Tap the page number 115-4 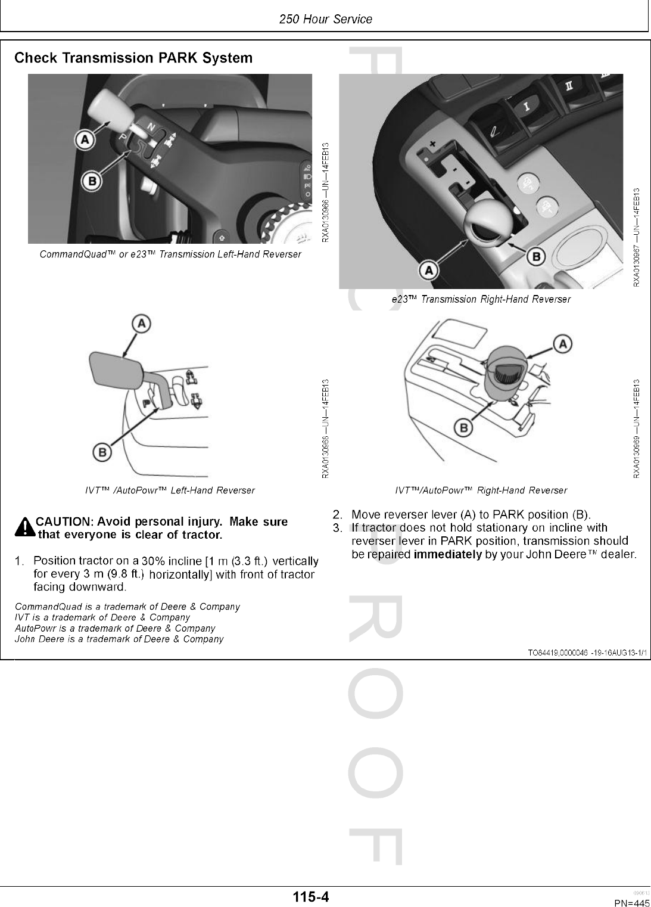(310, 896)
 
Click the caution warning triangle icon (25, 528)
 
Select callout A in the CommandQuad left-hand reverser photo (85, 141)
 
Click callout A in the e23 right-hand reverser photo (428, 271)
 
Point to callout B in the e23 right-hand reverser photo (535, 257)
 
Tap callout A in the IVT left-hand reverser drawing (141, 324)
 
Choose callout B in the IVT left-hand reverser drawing (102, 453)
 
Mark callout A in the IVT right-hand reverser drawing (563, 343)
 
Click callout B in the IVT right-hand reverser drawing (464, 427)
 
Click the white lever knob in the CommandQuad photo (107, 111)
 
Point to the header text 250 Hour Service (325, 19)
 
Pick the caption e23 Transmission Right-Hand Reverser (481, 299)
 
